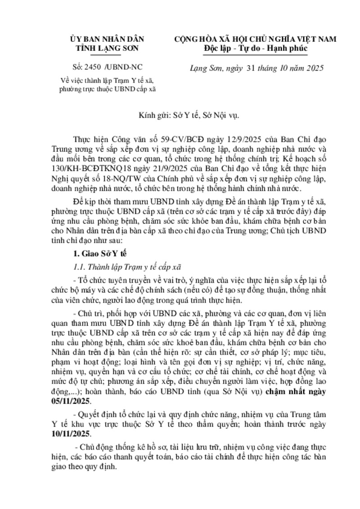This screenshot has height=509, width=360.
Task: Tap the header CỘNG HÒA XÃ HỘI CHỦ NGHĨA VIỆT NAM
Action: click(x=255, y=40)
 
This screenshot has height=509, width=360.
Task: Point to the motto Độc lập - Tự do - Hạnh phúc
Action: click(x=255, y=49)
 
